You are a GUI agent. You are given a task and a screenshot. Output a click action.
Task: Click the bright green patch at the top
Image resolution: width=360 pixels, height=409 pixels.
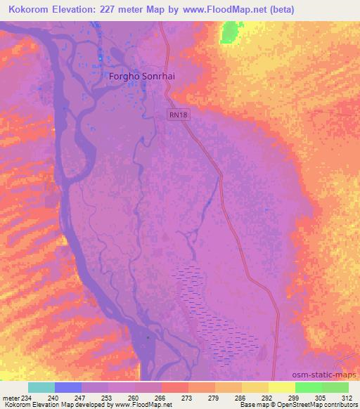230,33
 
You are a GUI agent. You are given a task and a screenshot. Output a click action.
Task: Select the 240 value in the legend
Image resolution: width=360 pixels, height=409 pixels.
54,397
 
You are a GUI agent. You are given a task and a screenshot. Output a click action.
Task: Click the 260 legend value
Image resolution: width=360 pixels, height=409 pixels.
134,397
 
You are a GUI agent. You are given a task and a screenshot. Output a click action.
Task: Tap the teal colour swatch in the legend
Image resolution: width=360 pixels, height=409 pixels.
41,387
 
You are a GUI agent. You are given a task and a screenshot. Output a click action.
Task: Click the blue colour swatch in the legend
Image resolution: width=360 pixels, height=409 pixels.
68,387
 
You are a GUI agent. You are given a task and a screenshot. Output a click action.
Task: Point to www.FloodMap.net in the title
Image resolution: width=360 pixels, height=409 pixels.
214,9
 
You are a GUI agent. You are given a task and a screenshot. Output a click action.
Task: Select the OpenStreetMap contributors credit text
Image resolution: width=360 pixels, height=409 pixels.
322,405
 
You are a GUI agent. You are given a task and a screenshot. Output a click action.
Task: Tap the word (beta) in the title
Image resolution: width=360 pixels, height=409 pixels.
279,9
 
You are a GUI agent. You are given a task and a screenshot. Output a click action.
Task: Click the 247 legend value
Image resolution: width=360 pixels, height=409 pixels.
81,397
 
